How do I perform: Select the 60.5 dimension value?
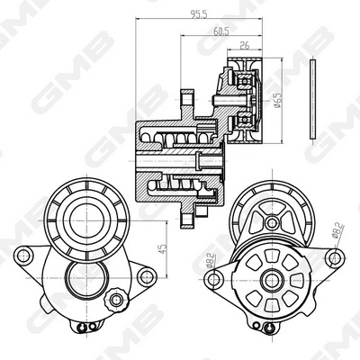pyautogui.click(x=220, y=30)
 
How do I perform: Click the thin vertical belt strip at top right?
pyautogui.click(x=310, y=98)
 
